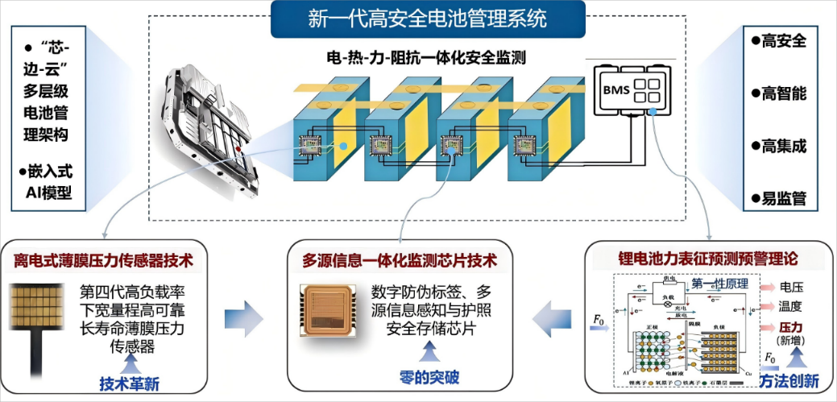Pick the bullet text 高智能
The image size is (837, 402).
pos(783,93)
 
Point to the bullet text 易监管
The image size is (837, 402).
pos(783,198)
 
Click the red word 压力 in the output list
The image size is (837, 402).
pos(792,327)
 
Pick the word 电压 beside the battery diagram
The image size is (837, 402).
pos(792,287)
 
